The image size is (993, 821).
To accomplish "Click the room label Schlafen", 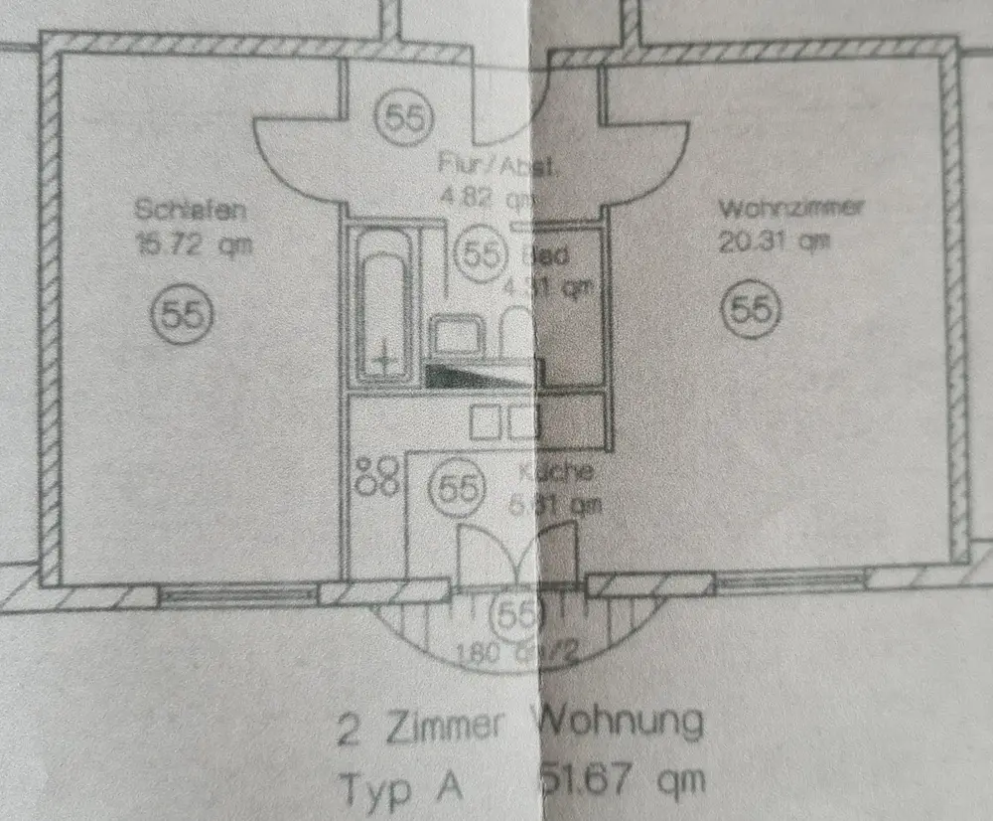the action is (190, 211).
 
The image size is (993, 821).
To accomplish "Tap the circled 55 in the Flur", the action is (404, 118).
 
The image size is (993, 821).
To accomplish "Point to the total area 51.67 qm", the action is (624, 778).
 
